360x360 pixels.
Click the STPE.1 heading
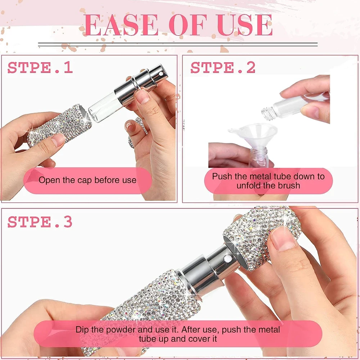coord(40,68)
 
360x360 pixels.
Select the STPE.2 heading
coord(223,68)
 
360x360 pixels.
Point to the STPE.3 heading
coord(40,222)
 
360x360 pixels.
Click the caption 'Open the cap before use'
coord(87,180)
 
